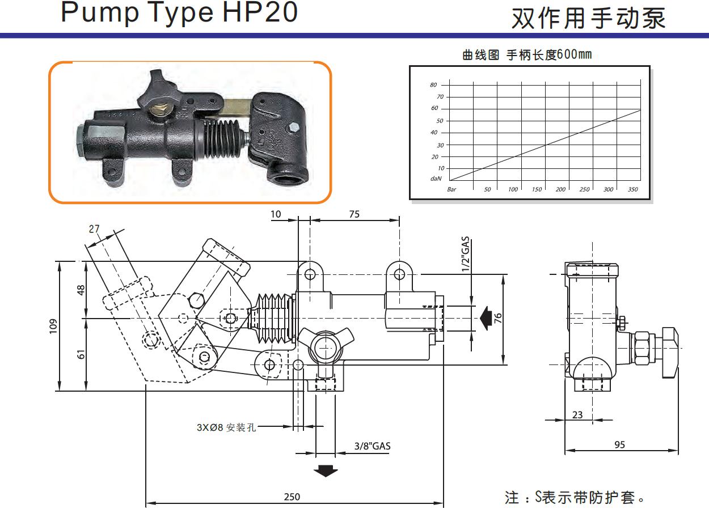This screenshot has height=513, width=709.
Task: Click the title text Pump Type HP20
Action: pyautogui.click(x=179, y=12)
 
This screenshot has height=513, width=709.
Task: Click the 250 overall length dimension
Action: pyautogui.click(x=292, y=497)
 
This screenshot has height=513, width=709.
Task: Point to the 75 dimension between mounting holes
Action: pyautogui.click(x=354, y=215)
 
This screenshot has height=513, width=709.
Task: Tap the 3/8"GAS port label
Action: pyautogui.click(x=372, y=446)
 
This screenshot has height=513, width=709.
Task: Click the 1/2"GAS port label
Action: pyautogui.click(x=466, y=255)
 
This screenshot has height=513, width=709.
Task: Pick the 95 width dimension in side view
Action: pyautogui.click(x=619, y=445)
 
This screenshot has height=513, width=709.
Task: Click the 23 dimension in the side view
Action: pyautogui.click(x=577, y=415)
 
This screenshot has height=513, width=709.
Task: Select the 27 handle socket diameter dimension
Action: pyautogui.click(x=94, y=229)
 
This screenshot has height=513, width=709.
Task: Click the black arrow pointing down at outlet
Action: pyautogui.click(x=326, y=470)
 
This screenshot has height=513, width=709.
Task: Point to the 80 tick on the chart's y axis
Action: pyautogui.click(x=433, y=85)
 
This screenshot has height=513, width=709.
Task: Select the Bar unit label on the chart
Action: pyautogui.click(x=451, y=189)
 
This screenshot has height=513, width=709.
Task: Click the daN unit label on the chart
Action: pyautogui.click(x=436, y=179)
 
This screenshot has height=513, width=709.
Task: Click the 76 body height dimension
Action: pyautogui.click(x=499, y=318)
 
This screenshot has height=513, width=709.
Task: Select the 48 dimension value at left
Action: pyautogui.click(x=81, y=289)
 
